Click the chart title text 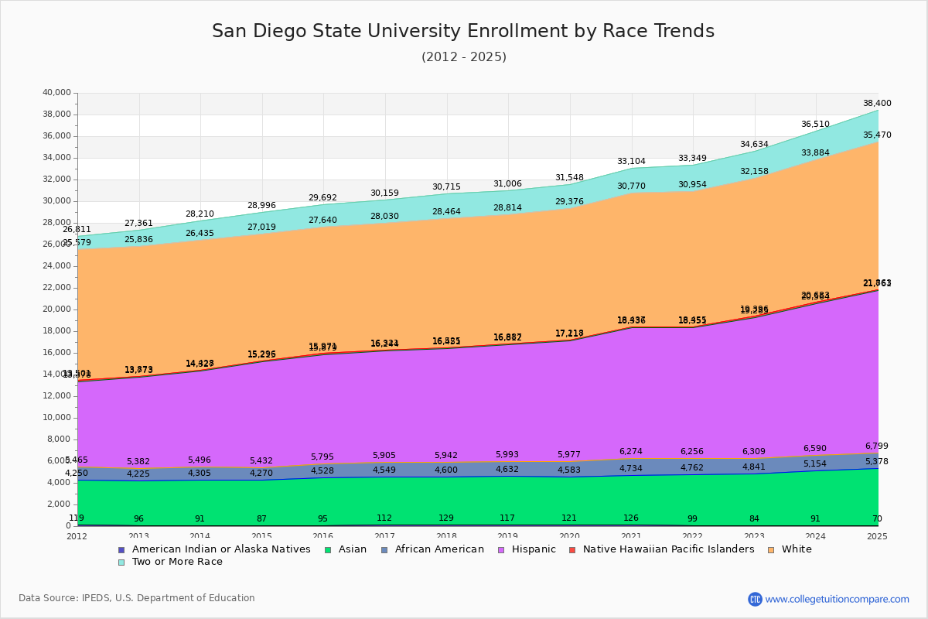(463, 32)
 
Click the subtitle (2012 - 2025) (464, 57)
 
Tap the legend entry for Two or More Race (177, 562)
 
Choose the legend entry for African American (439, 549)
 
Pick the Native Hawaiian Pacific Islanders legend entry (668, 549)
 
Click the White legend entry (797, 549)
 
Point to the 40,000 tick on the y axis (56, 93)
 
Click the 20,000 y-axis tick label (56, 309)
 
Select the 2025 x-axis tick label (877, 536)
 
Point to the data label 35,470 (877, 135)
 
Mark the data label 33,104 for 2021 (632, 162)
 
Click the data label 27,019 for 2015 (261, 227)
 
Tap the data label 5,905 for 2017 (384, 456)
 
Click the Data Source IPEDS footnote (137, 598)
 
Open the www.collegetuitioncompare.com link (837, 599)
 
